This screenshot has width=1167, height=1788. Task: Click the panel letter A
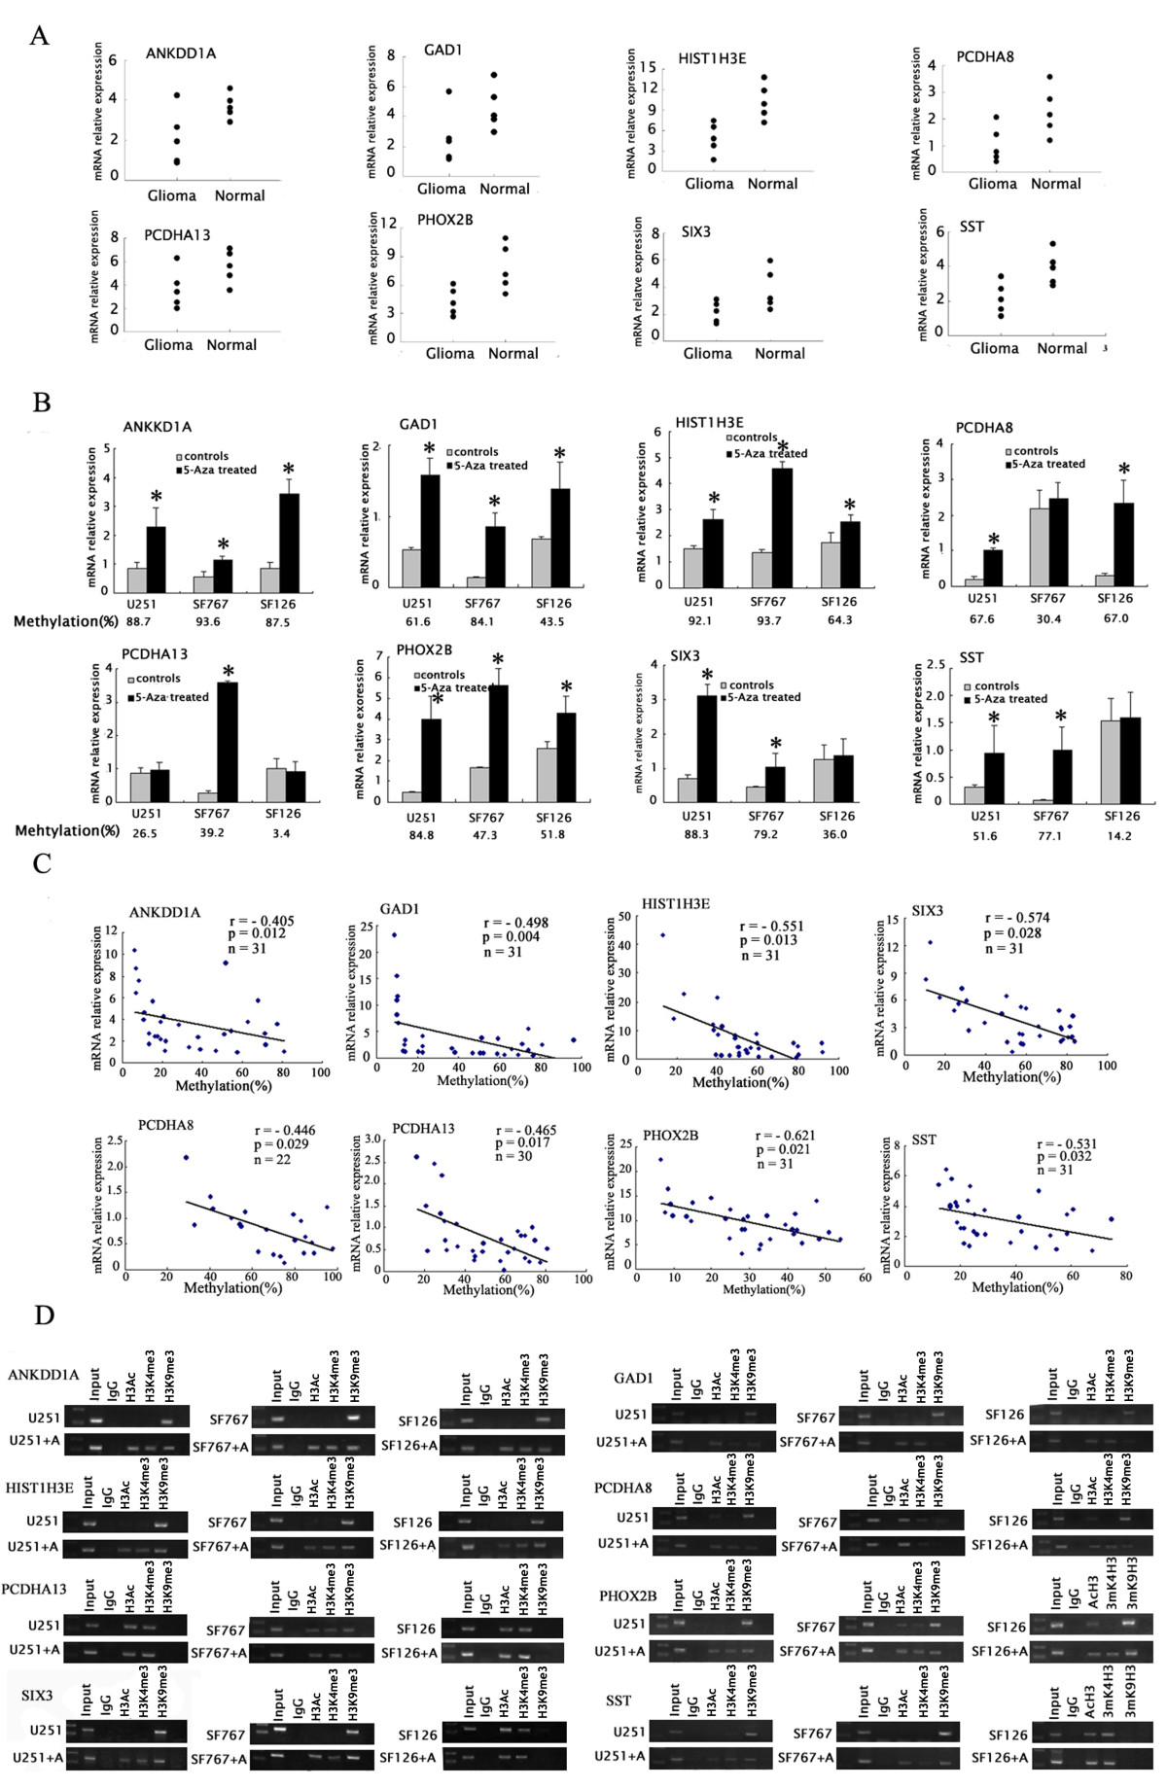point(39,36)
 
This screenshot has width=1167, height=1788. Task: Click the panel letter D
point(44,1315)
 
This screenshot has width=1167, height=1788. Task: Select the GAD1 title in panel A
point(442,50)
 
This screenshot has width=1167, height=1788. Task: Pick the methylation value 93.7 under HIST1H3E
point(768,620)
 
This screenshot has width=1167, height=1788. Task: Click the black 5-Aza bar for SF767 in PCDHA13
point(228,741)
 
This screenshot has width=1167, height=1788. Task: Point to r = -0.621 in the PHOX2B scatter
point(785,1136)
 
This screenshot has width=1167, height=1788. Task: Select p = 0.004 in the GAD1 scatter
point(511,937)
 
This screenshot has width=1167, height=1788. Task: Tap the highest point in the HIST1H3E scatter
point(663,935)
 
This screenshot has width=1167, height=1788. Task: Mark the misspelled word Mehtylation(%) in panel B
point(67,831)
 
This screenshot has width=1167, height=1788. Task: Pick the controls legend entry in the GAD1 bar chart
point(476,452)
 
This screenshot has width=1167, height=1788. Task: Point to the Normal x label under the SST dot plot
point(1062,348)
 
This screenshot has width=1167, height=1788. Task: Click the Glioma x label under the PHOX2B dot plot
point(450,354)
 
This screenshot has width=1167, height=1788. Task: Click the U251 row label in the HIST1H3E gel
point(43,1522)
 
